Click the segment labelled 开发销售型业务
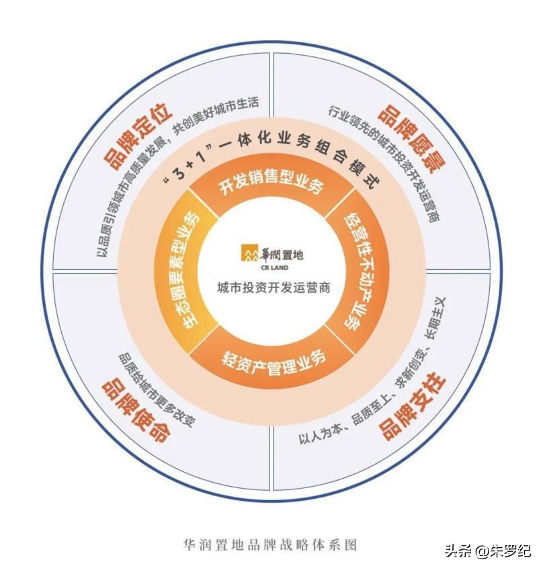click(x=271, y=187)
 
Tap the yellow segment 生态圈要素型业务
click(x=185, y=272)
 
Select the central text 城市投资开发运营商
click(x=271, y=289)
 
